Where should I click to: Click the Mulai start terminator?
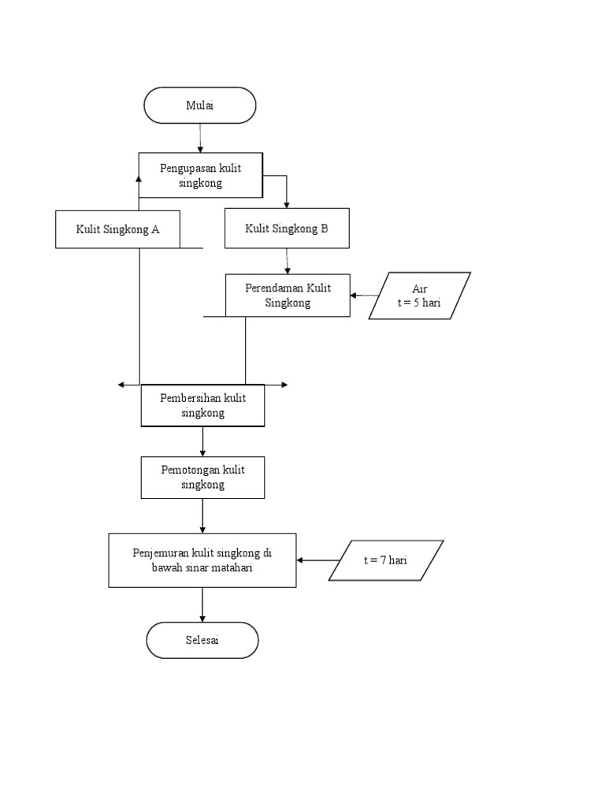point(199,106)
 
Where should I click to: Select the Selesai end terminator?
point(202,640)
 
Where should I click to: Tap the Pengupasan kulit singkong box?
point(201,175)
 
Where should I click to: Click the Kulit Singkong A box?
point(118,229)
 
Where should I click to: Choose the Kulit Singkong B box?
point(287,229)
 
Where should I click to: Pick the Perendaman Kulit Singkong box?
point(288,295)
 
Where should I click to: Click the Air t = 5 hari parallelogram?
point(419,296)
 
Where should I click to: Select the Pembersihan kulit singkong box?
point(202,406)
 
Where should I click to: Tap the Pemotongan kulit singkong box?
point(202,477)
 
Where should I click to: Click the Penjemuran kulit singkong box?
point(202,560)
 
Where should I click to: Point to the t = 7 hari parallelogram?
point(386,560)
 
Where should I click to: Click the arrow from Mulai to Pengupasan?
point(200,138)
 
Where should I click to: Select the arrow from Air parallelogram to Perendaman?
point(364,296)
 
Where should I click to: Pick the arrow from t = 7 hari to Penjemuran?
point(318,560)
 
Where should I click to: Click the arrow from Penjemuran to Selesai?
point(202,604)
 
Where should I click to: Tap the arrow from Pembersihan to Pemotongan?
point(202,441)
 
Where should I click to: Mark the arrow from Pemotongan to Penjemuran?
point(202,515)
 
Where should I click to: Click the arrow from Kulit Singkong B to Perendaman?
point(287,262)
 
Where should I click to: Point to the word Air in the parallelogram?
point(419,288)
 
